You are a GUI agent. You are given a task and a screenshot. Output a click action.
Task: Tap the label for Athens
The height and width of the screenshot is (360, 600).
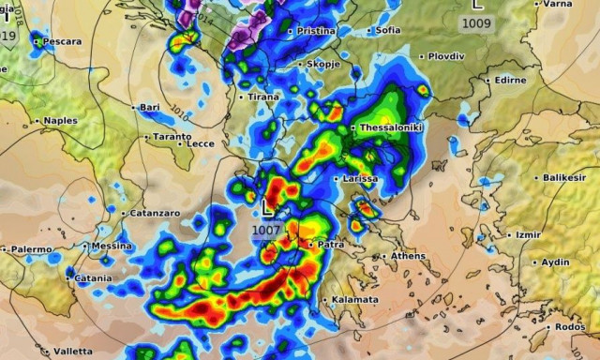pyautogui.click(x=408, y=256)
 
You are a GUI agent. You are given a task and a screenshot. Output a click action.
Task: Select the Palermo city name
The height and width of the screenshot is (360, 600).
pyautogui.click(x=28, y=249)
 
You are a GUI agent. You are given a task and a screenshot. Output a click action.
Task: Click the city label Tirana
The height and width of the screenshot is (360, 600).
pyautogui.click(x=263, y=97)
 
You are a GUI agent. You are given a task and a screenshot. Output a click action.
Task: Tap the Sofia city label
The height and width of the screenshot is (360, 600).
pyautogui.click(x=387, y=30)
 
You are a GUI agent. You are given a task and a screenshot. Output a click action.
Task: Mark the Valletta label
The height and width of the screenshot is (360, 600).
pyautogui.click(x=73, y=352)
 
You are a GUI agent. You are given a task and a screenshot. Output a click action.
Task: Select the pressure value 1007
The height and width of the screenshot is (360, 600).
pyautogui.click(x=266, y=230)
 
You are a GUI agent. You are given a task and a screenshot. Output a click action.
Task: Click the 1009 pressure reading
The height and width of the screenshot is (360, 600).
pyautogui.click(x=478, y=22)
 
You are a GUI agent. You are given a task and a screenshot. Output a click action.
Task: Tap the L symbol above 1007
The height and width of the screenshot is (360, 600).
pyautogui.click(x=268, y=208)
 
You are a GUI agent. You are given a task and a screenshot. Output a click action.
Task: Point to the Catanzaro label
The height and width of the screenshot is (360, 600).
pyautogui.click(x=150, y=214)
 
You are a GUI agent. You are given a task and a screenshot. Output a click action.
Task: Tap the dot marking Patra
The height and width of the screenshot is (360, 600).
pyautogui.click(x=311, y=245)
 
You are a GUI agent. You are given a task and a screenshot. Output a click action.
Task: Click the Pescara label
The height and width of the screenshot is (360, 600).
pyautogui.click(x=61, y=42)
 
